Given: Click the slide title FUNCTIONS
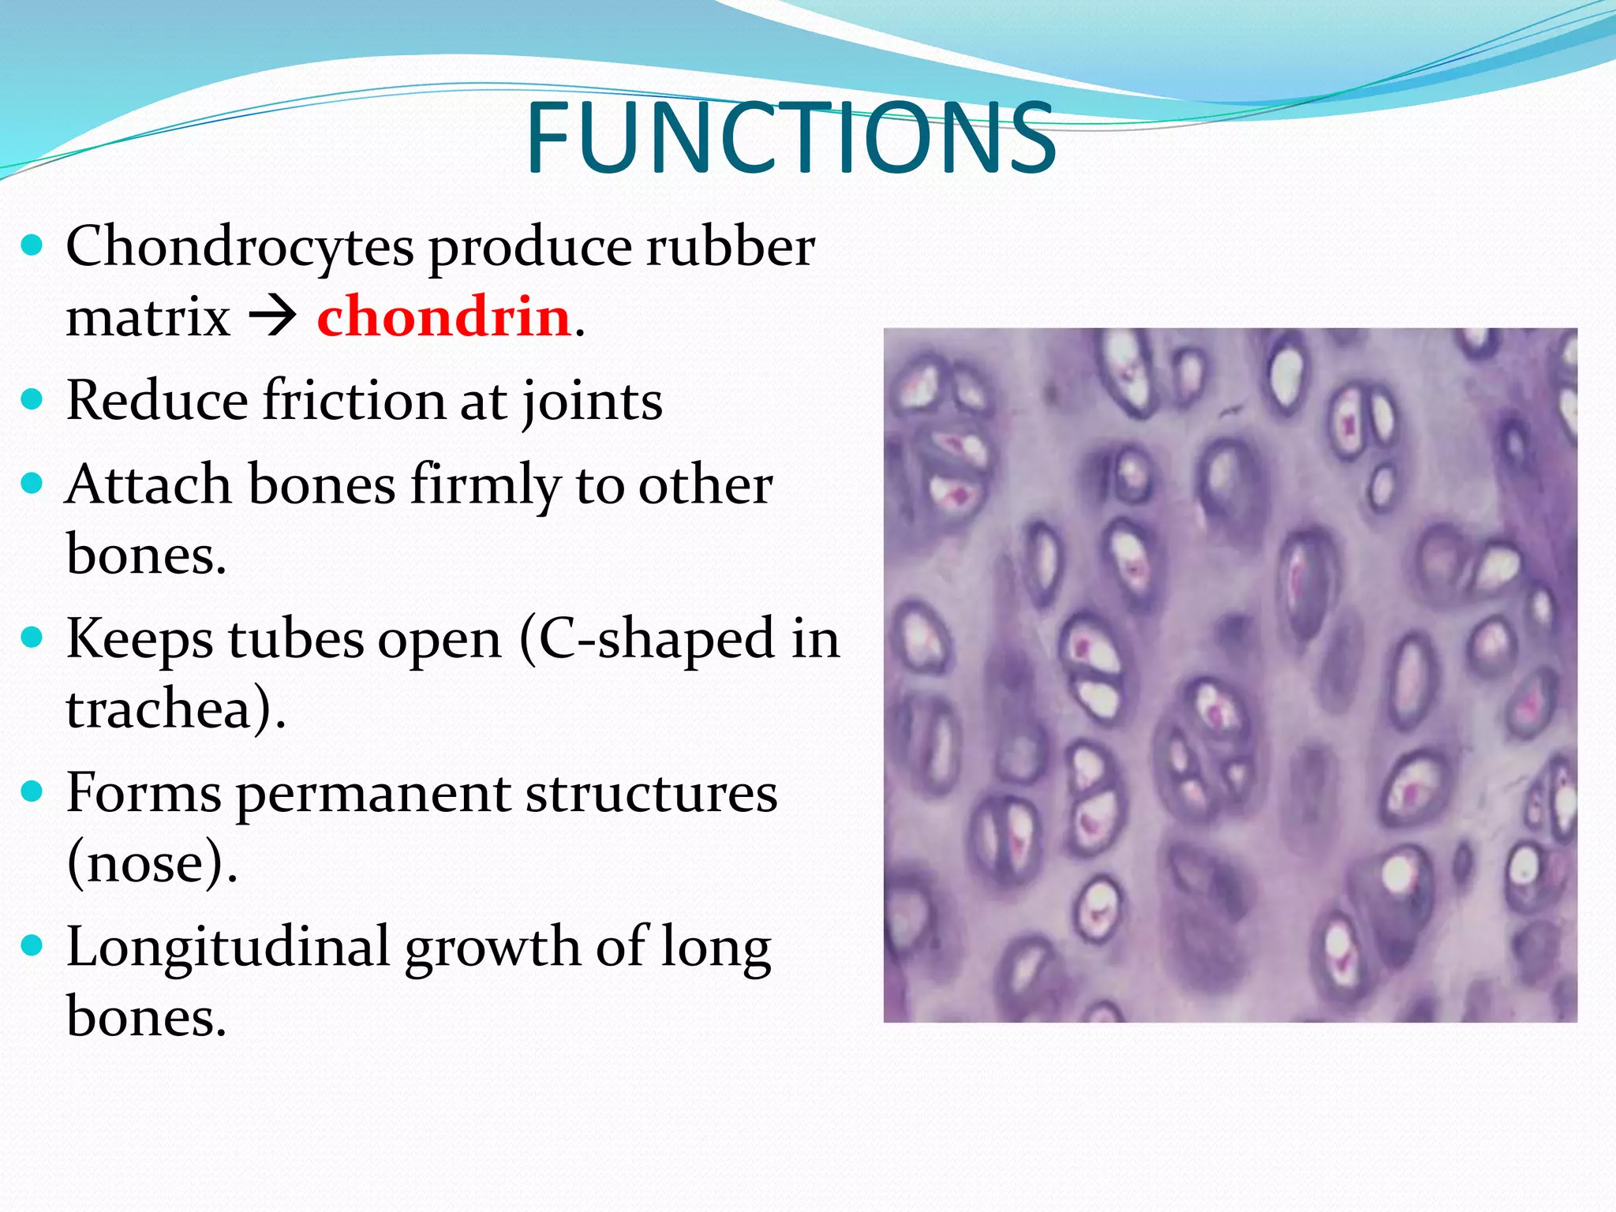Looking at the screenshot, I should pos(791,138).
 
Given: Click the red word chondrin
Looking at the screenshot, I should pos(443,316).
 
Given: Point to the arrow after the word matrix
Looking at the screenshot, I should pos(273,317).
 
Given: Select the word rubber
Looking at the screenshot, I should pos(730,246).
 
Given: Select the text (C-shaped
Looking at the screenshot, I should pos(647,638).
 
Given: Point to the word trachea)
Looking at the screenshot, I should pos(175,708).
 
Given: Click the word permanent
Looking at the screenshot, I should pos(372,793).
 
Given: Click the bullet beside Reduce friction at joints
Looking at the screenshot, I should pos(32,399).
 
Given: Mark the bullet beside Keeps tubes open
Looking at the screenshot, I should pos(32,637).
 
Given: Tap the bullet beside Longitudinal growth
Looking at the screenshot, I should pos(32,945).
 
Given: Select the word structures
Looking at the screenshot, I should pos(651,792).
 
